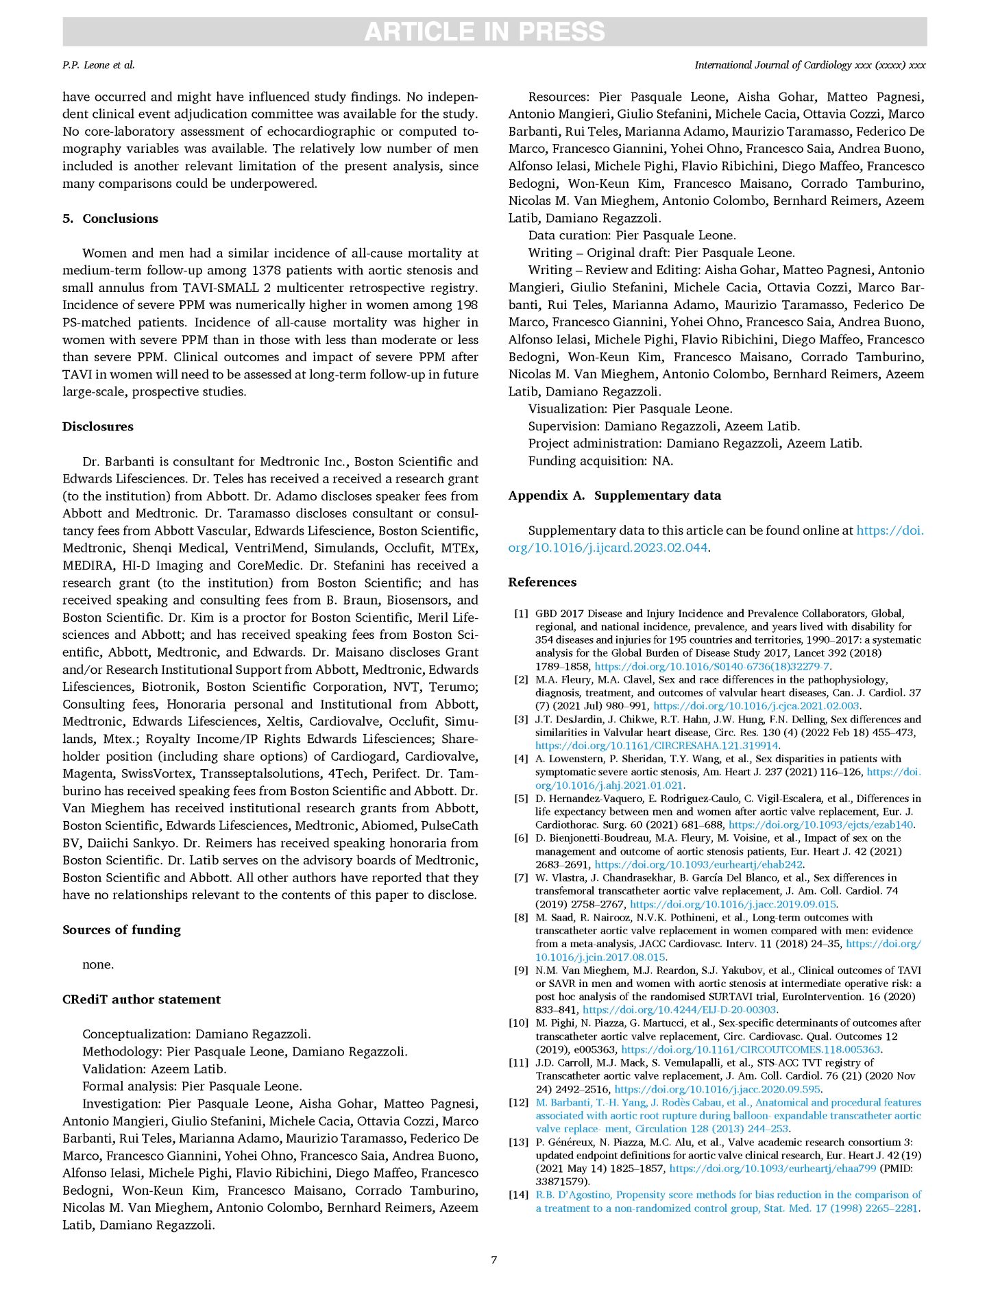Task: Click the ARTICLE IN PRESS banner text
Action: point(485,32)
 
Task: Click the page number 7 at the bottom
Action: point(493,1259)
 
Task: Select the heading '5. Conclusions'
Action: point(110,219)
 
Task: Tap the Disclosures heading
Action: point(98,426)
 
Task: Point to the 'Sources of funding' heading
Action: point(121,929)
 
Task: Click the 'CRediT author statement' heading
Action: point(141,999)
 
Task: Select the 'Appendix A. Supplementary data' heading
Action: point(614,496)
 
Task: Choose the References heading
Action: point(542,582)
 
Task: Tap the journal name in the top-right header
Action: point(809,65)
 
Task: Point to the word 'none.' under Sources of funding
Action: point(98,964)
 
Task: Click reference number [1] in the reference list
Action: point(521,613)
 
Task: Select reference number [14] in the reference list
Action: point(518,1195)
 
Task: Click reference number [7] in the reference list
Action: point(521,877)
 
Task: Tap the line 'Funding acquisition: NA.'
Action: point(600,461)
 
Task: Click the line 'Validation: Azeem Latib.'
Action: point(154,1069)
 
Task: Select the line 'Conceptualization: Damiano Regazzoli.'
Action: point(197,1034)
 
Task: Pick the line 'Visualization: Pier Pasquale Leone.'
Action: point(630,409)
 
